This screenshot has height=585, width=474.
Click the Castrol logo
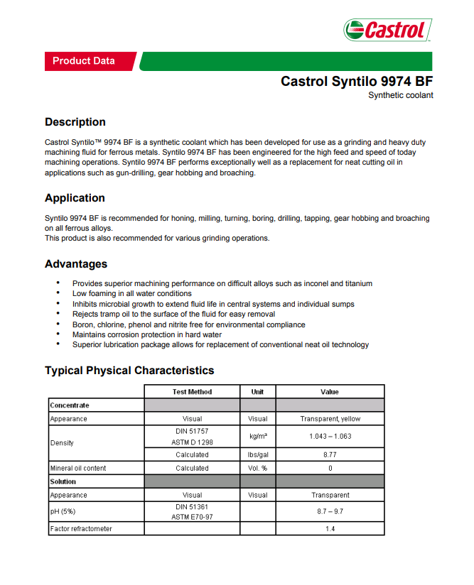[387, 31]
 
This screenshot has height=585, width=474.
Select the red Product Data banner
[84, 61]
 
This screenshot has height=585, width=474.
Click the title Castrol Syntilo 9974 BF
[357, 82]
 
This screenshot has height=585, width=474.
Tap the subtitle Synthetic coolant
[400, 95]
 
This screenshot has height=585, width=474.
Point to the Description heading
[75, 122]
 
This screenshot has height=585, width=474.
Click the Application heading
[75, 198]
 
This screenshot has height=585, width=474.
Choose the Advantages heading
[76, 264]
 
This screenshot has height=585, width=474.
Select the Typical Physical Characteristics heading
[129, 371]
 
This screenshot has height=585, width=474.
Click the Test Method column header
[192, 392]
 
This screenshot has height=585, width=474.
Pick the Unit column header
[258, 392]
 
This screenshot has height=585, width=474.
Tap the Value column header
[330, 392]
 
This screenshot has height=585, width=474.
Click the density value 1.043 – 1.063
[330, 437]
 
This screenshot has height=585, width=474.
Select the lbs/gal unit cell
[258, 454]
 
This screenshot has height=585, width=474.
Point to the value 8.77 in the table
[330, 454]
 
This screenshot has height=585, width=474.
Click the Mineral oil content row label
[79, 469]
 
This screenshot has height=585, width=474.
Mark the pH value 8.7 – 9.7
[330, 511]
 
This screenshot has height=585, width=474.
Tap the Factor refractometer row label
[81, 529]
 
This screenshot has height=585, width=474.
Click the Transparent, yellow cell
[330, 419]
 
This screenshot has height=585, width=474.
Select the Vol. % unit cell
[258, 469]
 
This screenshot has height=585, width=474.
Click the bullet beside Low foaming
[58, 293]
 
